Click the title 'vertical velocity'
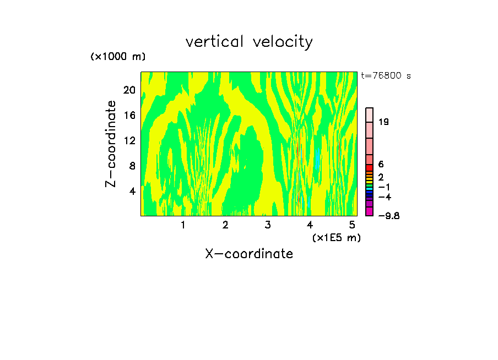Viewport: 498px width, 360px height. tap(249, 42)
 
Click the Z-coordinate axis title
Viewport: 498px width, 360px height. tap(112, 143)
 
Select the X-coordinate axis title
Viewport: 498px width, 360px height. tap(249, 254)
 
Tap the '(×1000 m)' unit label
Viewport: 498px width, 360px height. tap(118, 57)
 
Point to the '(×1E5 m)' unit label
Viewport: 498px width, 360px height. tap(337, 237)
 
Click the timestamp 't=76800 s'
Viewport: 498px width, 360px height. tap(386, 76)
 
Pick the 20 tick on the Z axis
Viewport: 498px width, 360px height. tap(129, 90)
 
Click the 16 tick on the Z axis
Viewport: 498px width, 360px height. tap(129, 115)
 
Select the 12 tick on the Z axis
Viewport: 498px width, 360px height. tap(129, 140)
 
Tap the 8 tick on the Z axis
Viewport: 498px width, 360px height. tap(132, 166)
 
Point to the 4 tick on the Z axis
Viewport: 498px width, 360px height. tap(132, 191)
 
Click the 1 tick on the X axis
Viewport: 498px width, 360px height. tap(183, 225)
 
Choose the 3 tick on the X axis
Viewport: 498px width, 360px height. tap(268, 225)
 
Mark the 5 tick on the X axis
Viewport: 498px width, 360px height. tap(352, 225)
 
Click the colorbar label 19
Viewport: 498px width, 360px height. tap(384, 122)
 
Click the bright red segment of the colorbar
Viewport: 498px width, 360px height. tap(370, 167)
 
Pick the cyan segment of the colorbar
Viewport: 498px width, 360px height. tap(370, 189)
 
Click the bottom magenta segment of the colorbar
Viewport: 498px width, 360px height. tap(370, 211)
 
